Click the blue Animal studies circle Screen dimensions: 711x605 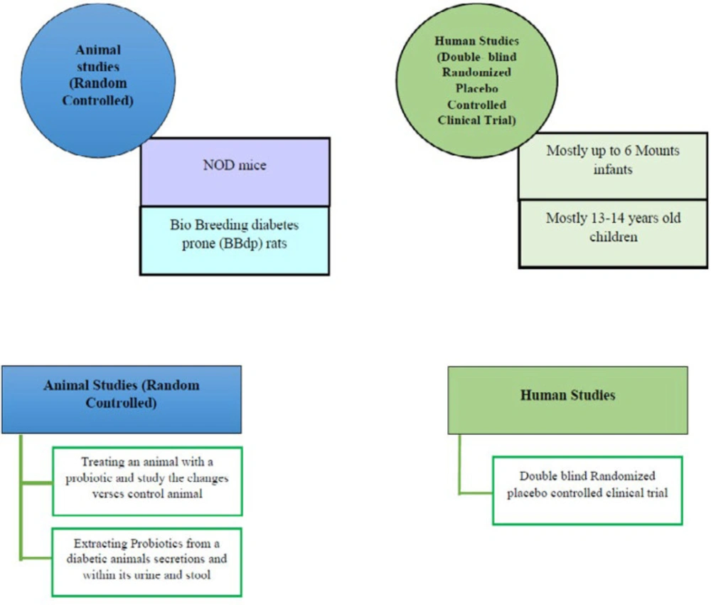pos(98,81)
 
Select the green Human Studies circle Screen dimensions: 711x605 pos(476,81)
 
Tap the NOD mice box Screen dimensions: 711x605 pos(235,172)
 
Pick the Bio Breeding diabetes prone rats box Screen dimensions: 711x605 pos(235,241)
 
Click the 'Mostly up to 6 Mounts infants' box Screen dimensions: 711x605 pos(613,166)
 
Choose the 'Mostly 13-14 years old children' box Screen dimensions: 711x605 pos(613,233)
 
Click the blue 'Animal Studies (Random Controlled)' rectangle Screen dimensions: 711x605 pos(122,399)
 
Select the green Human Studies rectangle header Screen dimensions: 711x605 pos(567,400)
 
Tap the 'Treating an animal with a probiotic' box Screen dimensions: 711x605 pos(147,481)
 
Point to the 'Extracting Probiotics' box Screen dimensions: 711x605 pos(146,562)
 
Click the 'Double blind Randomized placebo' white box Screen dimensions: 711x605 pos(587,490)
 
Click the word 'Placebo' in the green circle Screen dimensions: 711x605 pos(476,88)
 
